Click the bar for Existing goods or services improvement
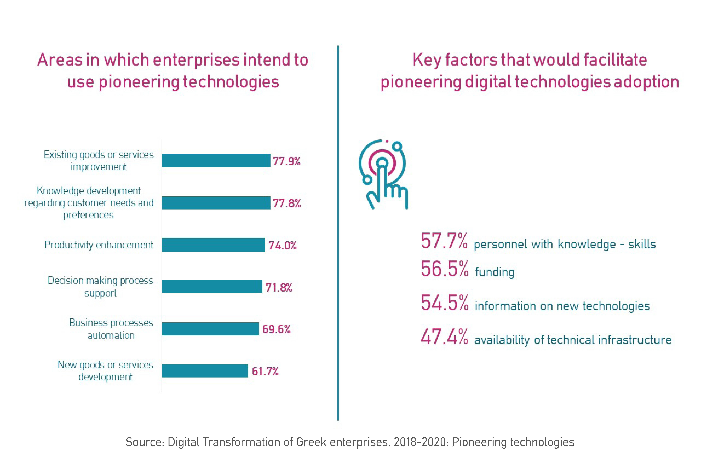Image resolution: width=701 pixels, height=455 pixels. pyautogui.click(x=216, y=161)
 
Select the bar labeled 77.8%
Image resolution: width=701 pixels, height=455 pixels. pyautogui.click(x=216, y=203)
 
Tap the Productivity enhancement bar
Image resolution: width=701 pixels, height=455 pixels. pyautogui.click(x=213, y=245)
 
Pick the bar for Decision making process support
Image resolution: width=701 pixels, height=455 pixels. pyautogui.click(x=212, y=287)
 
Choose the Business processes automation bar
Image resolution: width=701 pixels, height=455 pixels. pyautogui.click(x=210, y=329)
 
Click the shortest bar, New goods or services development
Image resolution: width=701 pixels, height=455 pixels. pyautogui.click(x=205, y=371)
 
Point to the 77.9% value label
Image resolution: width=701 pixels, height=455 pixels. pyautogui.click(x=286, y=161)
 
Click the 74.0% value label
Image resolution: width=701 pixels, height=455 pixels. pyautogui.click(x=282, y=245)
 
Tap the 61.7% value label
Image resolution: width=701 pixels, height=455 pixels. pyautogui.click(x=265, y=371)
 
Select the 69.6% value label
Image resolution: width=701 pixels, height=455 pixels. pyautogui.click(x=276, y=329)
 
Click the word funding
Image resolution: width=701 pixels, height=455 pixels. pyautogui.click(x=495, y=272)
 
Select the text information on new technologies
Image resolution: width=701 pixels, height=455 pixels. pyautogui.click(x=562, y=306)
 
